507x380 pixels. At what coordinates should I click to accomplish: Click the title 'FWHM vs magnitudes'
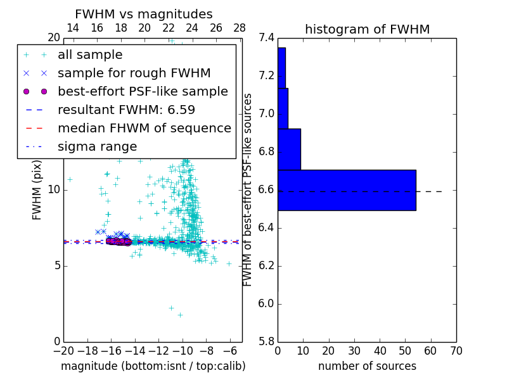(x=144, y=14)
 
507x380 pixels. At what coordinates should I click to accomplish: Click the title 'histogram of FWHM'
(x=367, y=29)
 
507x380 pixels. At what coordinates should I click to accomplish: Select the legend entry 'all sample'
(x=90, y=55)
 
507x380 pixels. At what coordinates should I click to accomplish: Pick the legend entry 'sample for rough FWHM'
(x=134, y=73)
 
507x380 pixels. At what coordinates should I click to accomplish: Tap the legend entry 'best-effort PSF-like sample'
(x=143, y=92)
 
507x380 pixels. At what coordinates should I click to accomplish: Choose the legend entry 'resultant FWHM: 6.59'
(x=126, y=110)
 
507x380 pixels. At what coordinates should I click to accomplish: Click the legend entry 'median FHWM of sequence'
(x=144, y=129)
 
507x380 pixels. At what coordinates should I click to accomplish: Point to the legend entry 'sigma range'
(x=97, y=147)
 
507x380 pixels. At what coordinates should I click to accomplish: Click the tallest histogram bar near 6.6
(x=346, y=190)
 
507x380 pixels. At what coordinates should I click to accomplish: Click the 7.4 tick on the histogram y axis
(x=266, y=38)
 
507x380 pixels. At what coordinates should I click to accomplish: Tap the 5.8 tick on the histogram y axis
(x=266, y=341)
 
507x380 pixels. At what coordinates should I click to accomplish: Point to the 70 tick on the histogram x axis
(x=456, y=350)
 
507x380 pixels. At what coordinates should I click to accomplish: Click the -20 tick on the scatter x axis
(x=63, y=350)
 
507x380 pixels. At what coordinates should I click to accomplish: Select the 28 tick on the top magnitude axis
(x=240, y=28)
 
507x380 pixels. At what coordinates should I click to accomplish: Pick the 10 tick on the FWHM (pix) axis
(x=53, y=189)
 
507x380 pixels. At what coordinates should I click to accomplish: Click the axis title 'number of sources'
(x=367, y=366)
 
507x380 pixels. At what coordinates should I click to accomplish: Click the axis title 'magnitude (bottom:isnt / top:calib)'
(x=153, y=366)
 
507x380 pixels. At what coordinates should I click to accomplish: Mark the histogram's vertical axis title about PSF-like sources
(x=248, y=189)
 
